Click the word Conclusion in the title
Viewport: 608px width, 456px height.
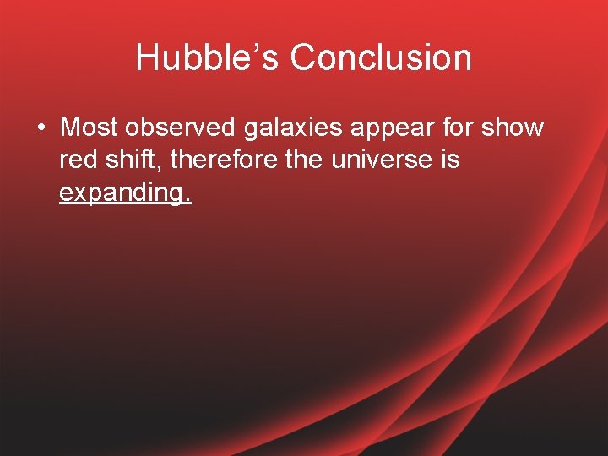pyautogui.click(x=381, y=58)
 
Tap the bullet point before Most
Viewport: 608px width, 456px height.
pyautogui.click(x=41, y=128)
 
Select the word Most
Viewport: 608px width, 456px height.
pyautogui.click(x=90, y=128)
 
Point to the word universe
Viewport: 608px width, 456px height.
pyautogui.click(x=384, y=160)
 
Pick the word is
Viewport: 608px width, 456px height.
pyautogui.click(x=449, y=160)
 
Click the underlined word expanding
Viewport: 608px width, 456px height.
pyautogui.click(x=123, y=193)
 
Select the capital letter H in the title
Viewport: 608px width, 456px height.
pyautogui.click(x=147, y=58)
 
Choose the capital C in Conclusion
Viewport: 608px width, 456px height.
pyautogui.click(x=303, y=58)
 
